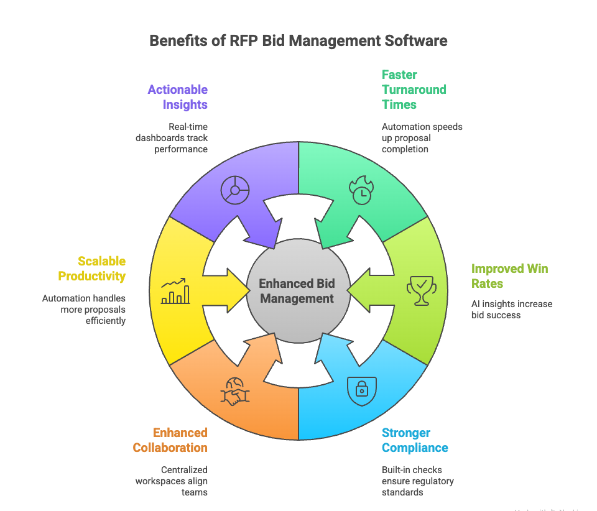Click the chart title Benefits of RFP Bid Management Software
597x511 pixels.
pyautogui.click(x=298, y=41)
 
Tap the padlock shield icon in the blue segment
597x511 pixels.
pyautogui.click(x=361, y=390)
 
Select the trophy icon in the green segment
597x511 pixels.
pyautogui.click(x=420, y=290)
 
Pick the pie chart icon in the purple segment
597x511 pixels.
pyautogui.click(x=235, y=190)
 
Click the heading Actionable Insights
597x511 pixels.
pyautogui.click(x=177, y=97)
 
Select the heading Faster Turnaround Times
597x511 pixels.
pyautogui.click(x=414, y=90)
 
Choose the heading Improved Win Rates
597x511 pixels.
pyautogui.click(x=509, y=276)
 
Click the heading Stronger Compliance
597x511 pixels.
pyautogui.click(x=415, y=440)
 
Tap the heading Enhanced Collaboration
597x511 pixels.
pyautogui.click(x=170, y=440)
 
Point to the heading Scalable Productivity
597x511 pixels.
pyautogui.click(x=92, y=269)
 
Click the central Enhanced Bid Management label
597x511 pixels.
pyautogui.click(x=297, y=291)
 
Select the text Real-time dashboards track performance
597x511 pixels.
pyautogui.click(x=172, y=138)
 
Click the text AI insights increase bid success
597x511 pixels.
pyautogui.click(x=511, y=309)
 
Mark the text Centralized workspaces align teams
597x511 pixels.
pyautogui.click(x=172, y=481)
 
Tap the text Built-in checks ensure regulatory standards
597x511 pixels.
pyautogui.click(x=417, y=481)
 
